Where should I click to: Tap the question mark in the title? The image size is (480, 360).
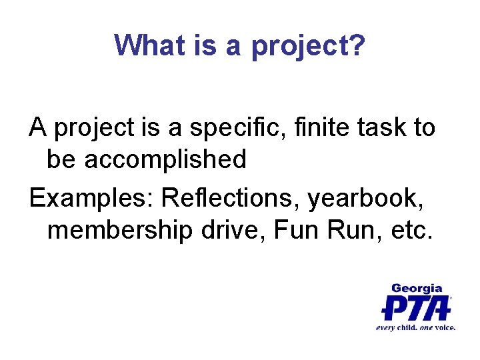[357, 45]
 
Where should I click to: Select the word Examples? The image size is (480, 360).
[91, 198]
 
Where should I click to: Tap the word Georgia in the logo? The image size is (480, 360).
[416, 288]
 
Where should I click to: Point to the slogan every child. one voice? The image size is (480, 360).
[415, 327]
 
